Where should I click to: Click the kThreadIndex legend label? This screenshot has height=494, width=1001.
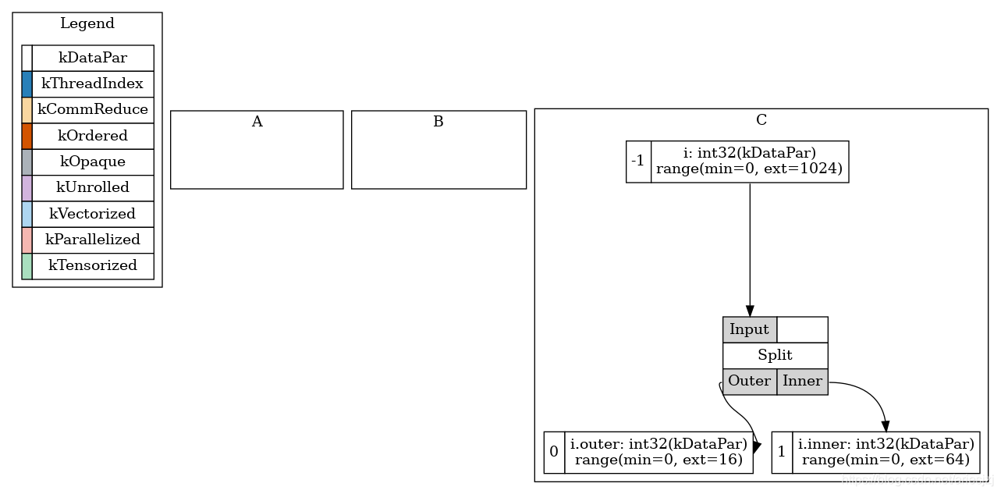click(x=92, y=84)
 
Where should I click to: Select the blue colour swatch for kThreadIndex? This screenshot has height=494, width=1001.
click(x=27, y=84)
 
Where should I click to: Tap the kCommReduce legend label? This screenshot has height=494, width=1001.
click(x=92, y=109)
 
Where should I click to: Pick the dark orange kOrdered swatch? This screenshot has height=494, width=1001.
click(x=27, y=136)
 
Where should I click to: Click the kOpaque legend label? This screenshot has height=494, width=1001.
click(x=92, y=162)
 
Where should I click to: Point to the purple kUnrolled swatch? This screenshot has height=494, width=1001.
click(x=27, y=187)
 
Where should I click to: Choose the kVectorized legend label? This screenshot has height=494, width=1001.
click(x=92, y=213)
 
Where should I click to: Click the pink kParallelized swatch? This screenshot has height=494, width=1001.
click(x=27, y=239)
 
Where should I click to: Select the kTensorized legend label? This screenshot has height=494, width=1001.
click(x=92, y=265)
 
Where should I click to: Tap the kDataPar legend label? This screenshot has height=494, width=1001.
click(x=92, y=58)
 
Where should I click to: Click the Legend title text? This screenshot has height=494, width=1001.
click(x=87, y=23)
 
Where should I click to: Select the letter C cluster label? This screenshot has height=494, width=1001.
click(x=761, y=119)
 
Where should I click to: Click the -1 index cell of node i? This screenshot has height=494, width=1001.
click(x=638, y=162)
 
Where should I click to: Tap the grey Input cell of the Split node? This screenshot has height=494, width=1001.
click(x=750, y=329)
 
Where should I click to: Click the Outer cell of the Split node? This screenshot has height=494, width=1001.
click(x=750, y=381)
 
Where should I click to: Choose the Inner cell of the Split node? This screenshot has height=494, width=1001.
click(x=802, y=381)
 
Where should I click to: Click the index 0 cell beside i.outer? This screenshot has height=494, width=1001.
click(x=554, y=451)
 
